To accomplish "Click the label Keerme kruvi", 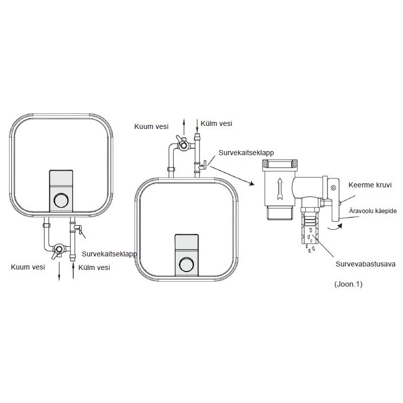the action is (370, 185).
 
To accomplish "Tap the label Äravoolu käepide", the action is (373, 211).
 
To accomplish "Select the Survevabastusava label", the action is (365, 264).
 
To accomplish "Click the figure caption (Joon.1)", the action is (348, 284).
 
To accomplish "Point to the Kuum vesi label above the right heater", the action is (152, 126).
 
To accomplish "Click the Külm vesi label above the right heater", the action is (217, 123).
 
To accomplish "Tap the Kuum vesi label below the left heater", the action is (28, 267).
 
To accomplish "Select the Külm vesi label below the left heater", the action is (94, 267).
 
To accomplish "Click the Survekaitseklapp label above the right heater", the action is (246, 153).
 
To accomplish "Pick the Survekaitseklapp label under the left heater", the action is (109, 254).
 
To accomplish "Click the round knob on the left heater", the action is (61, 199).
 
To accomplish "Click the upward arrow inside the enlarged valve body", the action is (280, 189).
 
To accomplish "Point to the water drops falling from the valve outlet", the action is (310, 248).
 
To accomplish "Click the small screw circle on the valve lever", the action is (333, 187).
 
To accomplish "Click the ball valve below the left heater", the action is (58, 250).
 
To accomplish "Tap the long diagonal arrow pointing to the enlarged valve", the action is (232, 175).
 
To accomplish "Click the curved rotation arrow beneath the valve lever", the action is (335, 226).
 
